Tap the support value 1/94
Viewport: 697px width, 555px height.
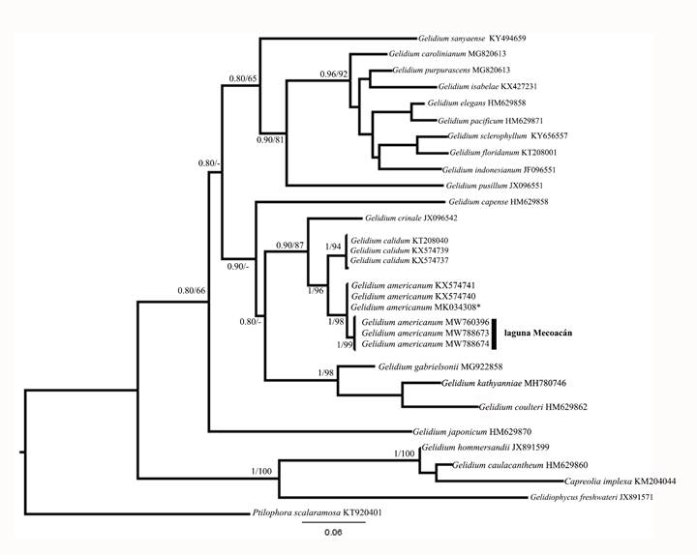333,248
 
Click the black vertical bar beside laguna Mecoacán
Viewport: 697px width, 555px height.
496,333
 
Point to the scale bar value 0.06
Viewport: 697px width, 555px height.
332,532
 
